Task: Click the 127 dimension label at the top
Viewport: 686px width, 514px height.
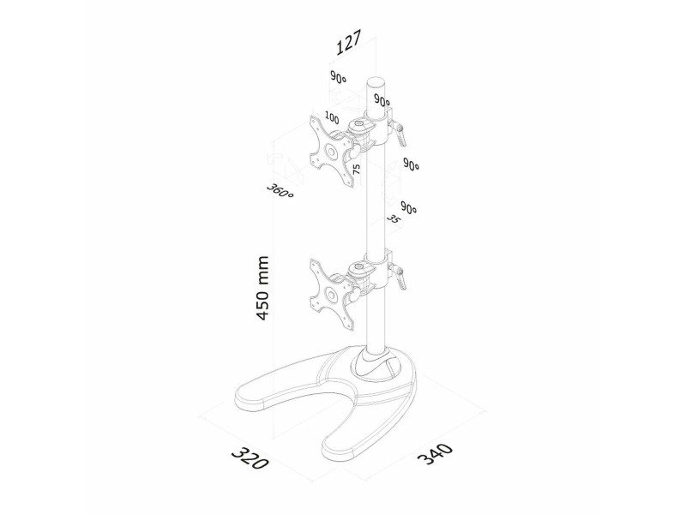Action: click(x=349, y=42)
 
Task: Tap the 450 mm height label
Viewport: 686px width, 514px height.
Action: click(x=262, y=288)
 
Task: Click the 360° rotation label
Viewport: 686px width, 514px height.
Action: click(x=280, y=190)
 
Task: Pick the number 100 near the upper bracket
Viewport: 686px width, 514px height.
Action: click(x=332, y=118)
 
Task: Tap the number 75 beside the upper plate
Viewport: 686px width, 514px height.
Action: click(x=356, y=170)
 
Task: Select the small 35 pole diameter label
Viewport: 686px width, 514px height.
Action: click(x=394, y=219)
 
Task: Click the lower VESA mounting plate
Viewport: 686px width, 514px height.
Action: click(x=331, y=294)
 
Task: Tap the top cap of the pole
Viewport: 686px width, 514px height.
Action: click(x=376, y=82)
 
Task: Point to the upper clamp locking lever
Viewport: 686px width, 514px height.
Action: click(x=399, y=134)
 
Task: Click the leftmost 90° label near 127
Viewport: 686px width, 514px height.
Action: click(x=338, y=78)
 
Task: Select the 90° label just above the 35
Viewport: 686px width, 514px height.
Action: click(x=409, y=208)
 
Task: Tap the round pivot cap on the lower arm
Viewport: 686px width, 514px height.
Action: click(x=360, y=266)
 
